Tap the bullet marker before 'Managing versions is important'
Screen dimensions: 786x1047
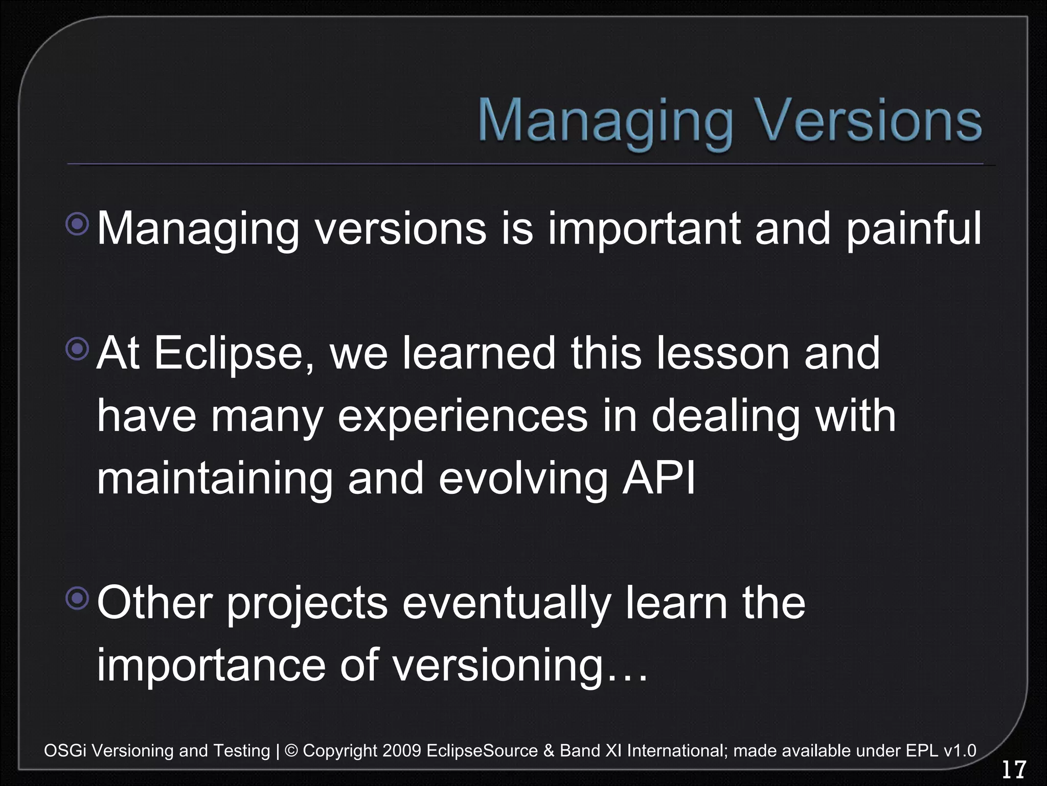78,224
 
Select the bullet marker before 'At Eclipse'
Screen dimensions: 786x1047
78,350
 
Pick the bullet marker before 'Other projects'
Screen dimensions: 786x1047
78,598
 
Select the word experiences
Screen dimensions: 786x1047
463,417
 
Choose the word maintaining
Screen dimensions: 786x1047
215,479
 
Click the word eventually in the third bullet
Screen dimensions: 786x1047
507,604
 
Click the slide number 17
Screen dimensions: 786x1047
1013,769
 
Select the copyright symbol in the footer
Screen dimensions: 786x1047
291,751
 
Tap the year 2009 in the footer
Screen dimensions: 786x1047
401,751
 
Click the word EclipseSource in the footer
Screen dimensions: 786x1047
482,751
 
